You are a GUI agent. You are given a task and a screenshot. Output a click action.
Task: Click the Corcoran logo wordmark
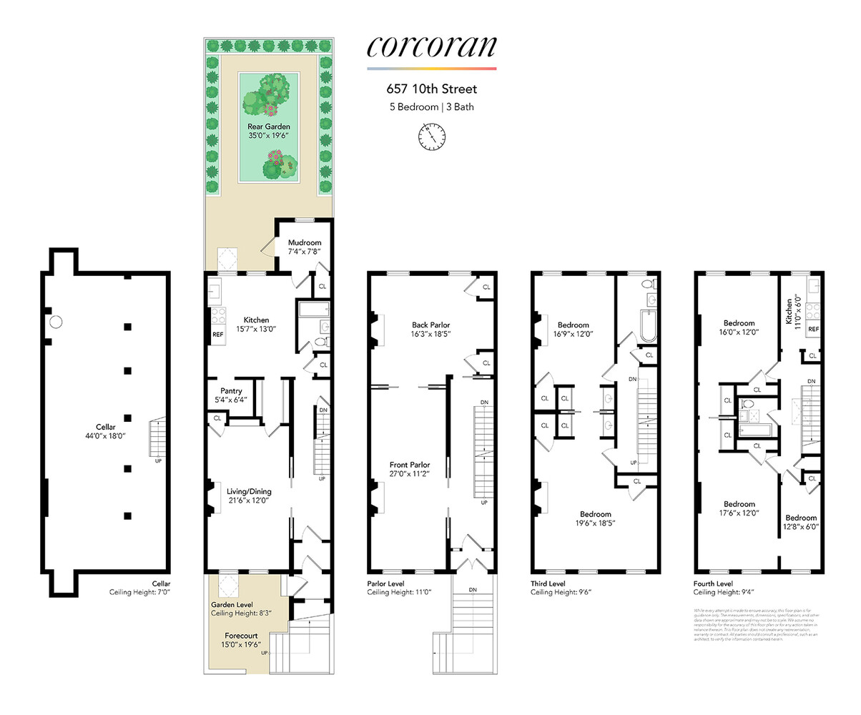coord(431,46)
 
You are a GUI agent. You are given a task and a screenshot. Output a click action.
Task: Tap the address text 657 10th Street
coord(431,90)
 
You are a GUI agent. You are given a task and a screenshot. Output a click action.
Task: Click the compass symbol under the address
coord(431,134)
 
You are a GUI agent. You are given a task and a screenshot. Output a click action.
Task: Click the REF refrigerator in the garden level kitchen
coord(217,334)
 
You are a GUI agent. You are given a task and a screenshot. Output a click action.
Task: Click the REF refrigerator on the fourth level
coord(812,329)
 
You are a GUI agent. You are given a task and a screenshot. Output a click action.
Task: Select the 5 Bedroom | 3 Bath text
coord(431,107)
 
